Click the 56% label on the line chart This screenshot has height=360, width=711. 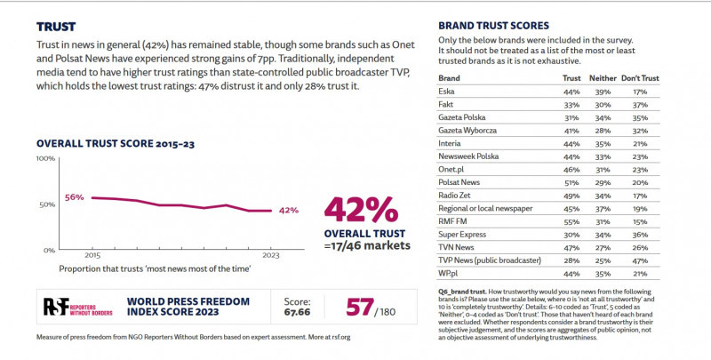[x=75, y=197]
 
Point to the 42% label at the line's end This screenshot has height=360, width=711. [x=289, y=211]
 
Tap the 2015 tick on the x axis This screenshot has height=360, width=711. [x=93, y=256]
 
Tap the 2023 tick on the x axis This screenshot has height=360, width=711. [x=271, y=256]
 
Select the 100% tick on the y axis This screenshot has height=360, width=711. [x=44, y=158]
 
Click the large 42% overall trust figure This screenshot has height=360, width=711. [x=361, y=210]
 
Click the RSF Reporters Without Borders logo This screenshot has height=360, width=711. [x=78, y=307]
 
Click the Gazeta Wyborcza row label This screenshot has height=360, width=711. [x=470, y=130]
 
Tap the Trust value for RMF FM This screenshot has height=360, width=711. [x=571, y=220]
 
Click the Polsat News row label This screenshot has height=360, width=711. [x=461, y=181]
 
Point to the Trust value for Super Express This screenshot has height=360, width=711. [x=571, y=234]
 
